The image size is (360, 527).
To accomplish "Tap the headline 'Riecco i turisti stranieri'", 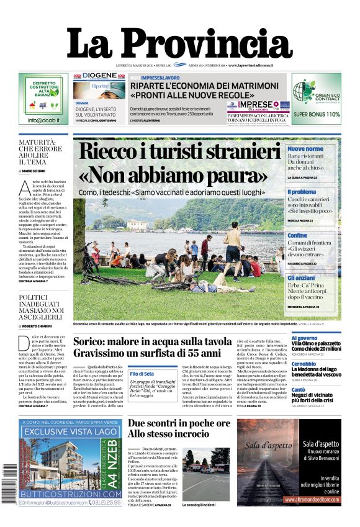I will tap(179, 152).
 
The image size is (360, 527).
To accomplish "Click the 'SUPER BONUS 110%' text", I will tap(317, 114).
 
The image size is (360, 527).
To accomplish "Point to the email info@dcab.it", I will tap(43, 120).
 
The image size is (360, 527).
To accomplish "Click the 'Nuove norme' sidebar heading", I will tap(305, 149).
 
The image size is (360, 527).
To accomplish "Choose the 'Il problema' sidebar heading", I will tap(302, 192).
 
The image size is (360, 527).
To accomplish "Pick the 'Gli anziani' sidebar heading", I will tap(301, 278).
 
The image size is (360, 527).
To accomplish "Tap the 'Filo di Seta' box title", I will tap(142, 373).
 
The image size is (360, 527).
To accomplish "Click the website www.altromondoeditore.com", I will tap(320, 498).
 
